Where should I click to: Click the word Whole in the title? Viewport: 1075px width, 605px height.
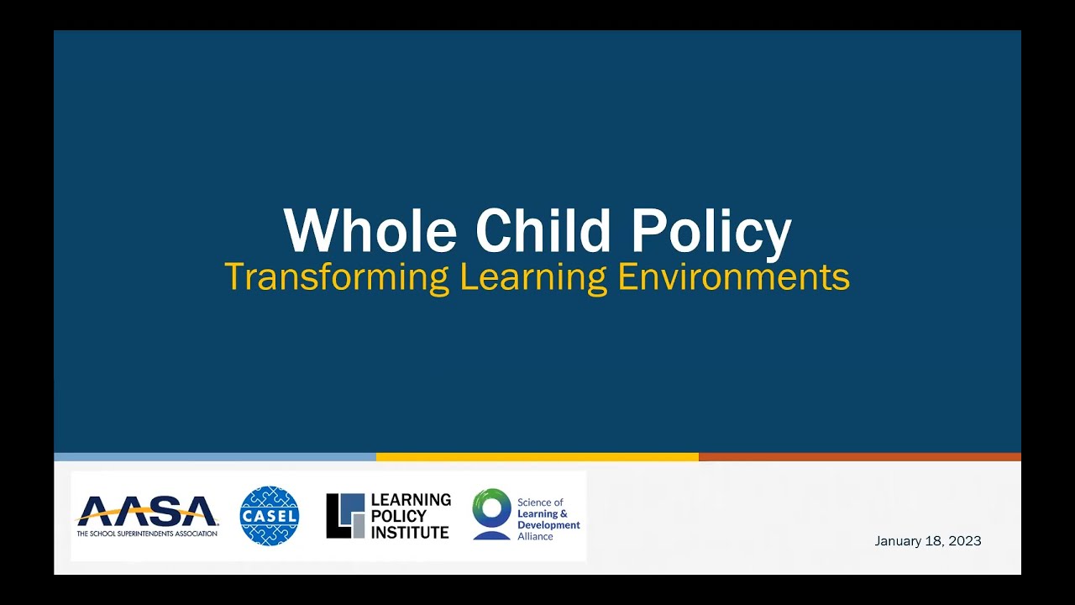point(370,231)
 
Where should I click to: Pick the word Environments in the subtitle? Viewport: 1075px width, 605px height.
point(734,277)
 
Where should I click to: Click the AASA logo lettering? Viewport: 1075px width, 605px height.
point(147,510)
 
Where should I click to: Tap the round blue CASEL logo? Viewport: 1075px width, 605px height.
point(270,515)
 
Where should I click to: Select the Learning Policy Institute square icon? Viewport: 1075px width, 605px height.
point(345,515)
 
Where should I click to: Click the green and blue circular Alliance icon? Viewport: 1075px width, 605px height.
point(491,513)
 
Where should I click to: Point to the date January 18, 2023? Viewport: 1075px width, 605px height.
point(927,541)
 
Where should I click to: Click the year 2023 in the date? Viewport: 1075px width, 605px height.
point(966,541)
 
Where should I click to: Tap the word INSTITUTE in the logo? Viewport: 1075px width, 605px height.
point(410,532)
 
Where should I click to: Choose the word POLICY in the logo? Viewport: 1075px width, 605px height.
point(399,516)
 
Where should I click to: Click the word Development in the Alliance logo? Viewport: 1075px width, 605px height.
point(548,525)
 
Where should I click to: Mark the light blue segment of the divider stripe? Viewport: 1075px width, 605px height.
point(215,457)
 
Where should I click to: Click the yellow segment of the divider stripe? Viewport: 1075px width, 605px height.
point(537,457)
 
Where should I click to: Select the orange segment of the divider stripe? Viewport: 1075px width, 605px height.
point(859,457)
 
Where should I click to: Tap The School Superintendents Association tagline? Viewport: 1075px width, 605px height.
point(147,534)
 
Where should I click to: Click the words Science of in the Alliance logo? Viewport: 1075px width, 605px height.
point(540,502)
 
